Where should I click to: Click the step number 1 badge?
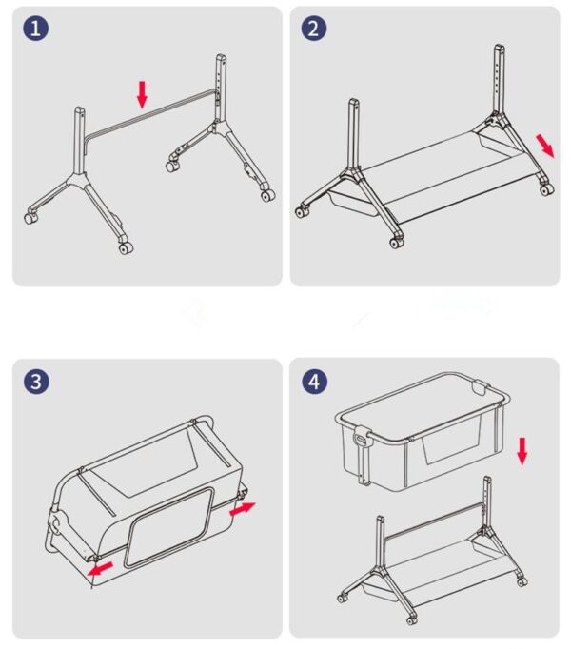[x=36, y=29]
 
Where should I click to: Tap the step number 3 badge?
[x=36, y=382]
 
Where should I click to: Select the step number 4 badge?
[x=314, y=382]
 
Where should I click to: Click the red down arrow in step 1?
[x=143, y=93]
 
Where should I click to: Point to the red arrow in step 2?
[x=544, y=145]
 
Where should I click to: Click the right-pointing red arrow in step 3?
[x=243, y=509]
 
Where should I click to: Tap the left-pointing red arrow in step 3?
[x=99, y=568]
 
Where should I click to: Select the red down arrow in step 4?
[x=522, y=450]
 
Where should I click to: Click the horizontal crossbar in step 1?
[x=148, y=112]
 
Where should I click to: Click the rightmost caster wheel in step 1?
[x=267, y=195]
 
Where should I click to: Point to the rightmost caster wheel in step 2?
[x=545, y=189]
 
